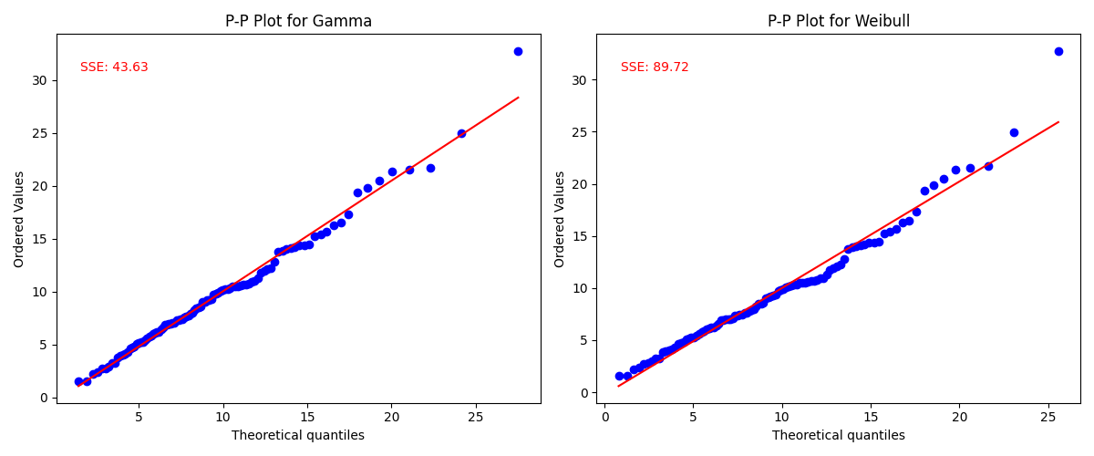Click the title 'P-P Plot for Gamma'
coord(298,21)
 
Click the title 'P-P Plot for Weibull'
coord(839,21)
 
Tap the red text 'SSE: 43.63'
coord(114,67)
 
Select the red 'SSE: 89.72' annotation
coord(655,67)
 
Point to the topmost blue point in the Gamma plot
coord(518,51)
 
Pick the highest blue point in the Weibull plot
coord(1058,51)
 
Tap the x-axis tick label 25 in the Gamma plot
coord(475,417)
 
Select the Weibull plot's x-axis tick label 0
coord(604,417)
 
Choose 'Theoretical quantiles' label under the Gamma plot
coord(298,436)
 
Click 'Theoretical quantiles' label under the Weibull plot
coord(839,436)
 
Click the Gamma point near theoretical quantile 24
coord(461,133)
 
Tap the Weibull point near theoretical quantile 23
coord(1014,132)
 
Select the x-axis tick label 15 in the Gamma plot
coord(307,417)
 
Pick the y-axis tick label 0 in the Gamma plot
coord(42,398)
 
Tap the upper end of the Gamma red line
coord(518,97)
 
